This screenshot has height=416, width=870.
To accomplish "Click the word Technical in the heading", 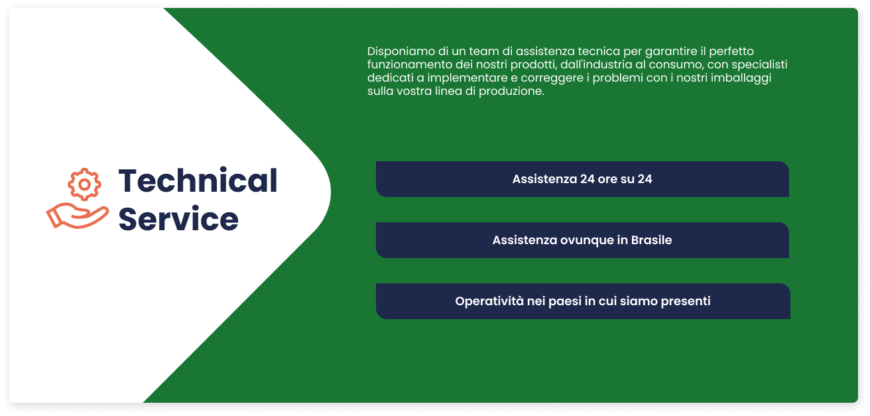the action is pyautogui.click(x=198, y=180).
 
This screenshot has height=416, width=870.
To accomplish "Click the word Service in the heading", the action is pyautogui.click(x=178, y=219).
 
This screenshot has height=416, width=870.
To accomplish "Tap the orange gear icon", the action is pyautogui.click(x=84, y=184).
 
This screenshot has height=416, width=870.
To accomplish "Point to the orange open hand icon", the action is pyautogui.click(x=78, y=216).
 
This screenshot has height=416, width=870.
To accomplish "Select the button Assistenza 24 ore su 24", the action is pyautogui.click(x=582, y=179).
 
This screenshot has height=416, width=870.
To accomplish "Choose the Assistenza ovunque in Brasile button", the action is pyautogui.click(x=582, y=240).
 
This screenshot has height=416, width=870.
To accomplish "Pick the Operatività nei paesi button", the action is pyautogui.click(x=583, y=301).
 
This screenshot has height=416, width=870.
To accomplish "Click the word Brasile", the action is pyautogui.click(x=651, y=240).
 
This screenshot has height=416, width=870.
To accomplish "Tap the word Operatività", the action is pyautogui.click(x=489, y=301).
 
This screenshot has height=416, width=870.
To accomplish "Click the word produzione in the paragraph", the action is pyautogui.click(x=511, y=92).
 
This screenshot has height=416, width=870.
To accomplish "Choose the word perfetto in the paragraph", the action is pyautogui.click(x=731, y=52).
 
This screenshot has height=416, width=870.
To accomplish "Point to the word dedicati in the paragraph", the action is pyautogui.click(x=391, y=78).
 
